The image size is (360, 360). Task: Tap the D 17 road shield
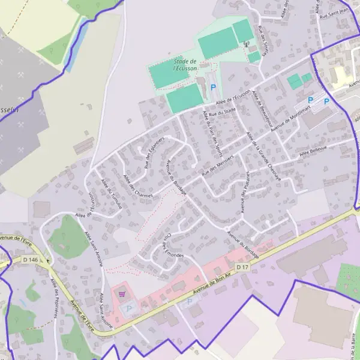pos(242,266)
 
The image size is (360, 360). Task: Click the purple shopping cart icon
pos(122,294)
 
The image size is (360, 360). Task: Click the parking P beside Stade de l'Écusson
pos(213,88)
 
